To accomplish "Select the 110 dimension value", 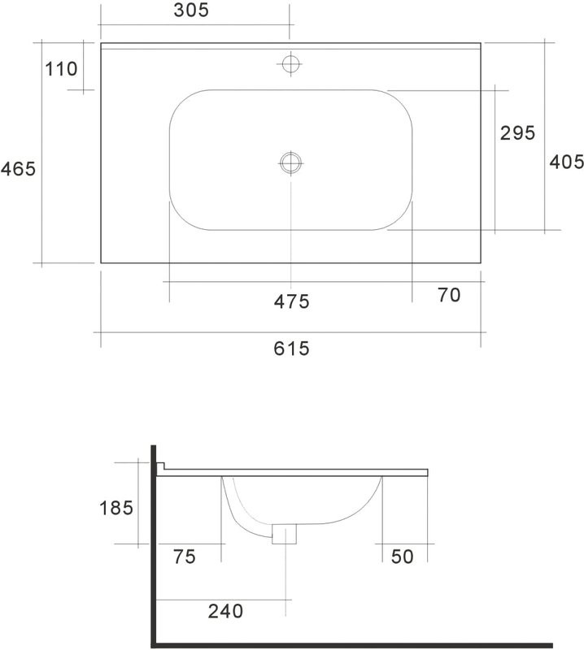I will pyautogui.click(x=61, y=69).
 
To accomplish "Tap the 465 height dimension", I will pyautogui.click(x=18, y=169).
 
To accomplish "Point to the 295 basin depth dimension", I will pyautogui.click(x=516, y=133).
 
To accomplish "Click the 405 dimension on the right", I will pyautogui.click(x=566, y=162).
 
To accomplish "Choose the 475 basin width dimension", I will pyautogui.click(x=291, y=301).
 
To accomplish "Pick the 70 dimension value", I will pyautogui.click(x=449, y=296).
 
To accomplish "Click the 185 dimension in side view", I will pyautogui.click(x=116, y=508).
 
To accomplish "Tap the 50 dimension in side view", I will pyautogui.click(x=402, y=557).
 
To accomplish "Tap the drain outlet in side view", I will pyautogui.click(x=285, y=534).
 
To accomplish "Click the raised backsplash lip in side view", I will pyautogui.click(x=161, y=467).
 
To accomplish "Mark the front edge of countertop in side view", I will pyautogui.click(x=427, y=472).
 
